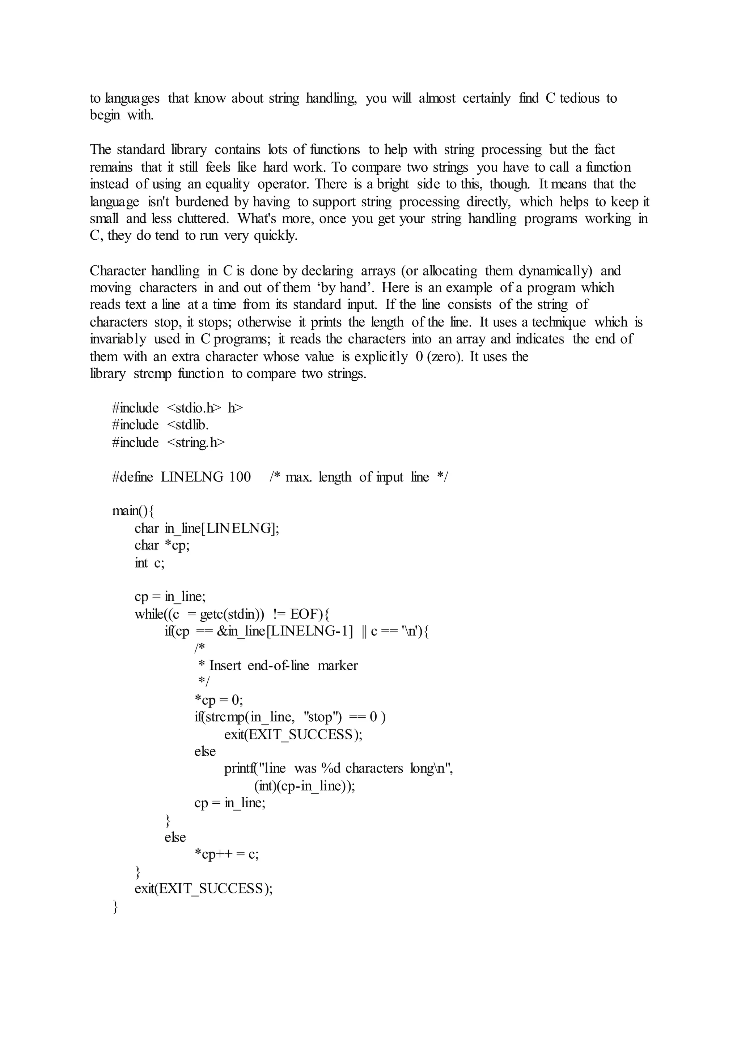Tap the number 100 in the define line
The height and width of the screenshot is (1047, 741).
point(240,477)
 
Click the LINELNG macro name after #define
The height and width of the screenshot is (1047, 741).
point(192,477)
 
